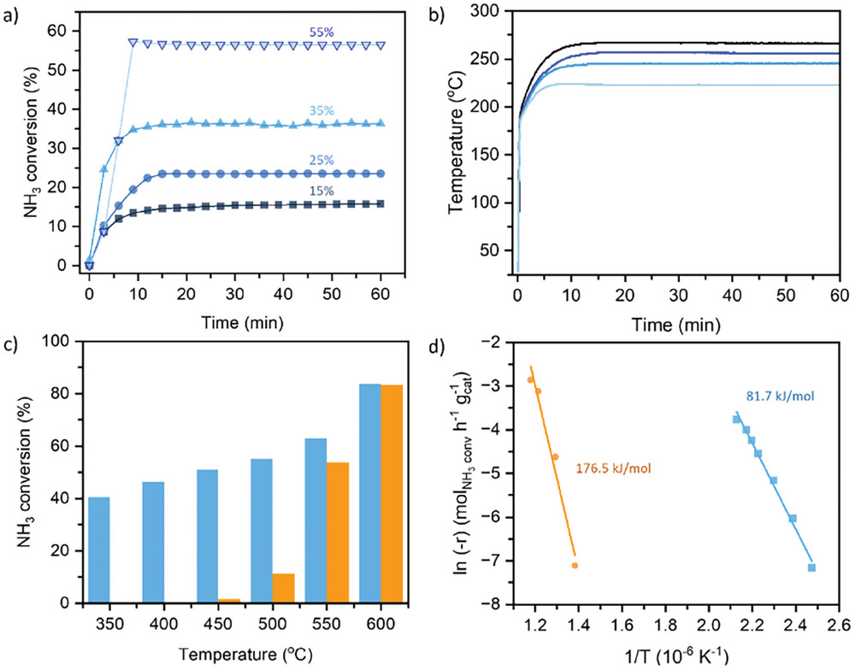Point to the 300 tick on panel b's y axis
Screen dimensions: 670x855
pyautogui.click(x=486, y=10)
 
